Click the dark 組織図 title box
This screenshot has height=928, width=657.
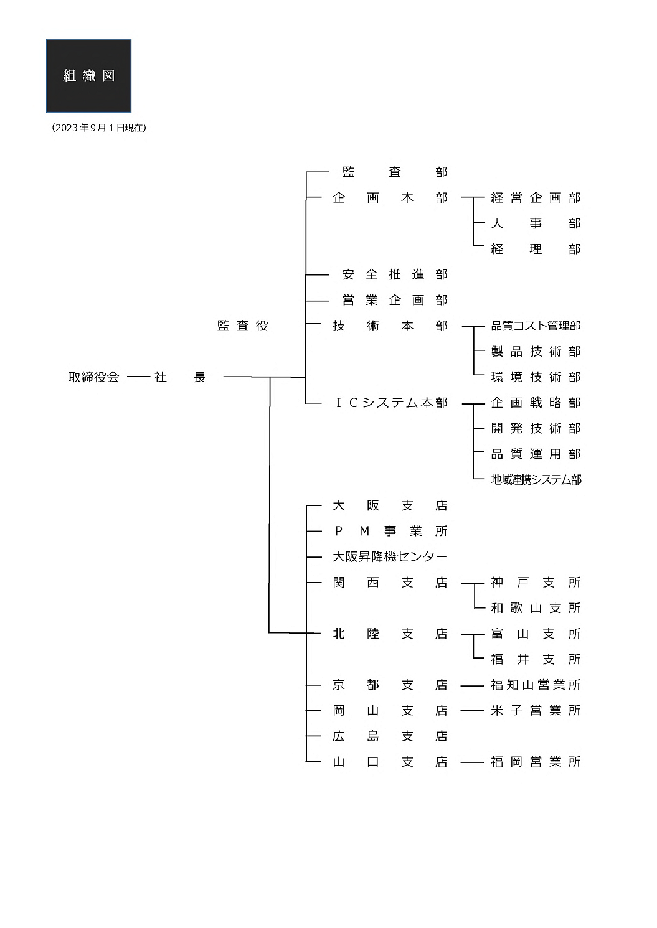click(88, 76)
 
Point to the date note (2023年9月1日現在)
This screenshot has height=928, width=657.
click(99, 128)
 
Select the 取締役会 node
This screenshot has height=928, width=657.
click(93, 377)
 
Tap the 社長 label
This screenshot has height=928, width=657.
click(180, 377)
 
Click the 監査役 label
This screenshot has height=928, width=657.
click(243, 326)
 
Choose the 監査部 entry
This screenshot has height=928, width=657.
click(395, 172)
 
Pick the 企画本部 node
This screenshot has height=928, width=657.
click(390, 198)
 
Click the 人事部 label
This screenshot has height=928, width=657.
click(536, 223)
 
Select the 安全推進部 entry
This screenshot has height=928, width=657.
click(395, 274)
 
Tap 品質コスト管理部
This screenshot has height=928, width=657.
click(536, 326)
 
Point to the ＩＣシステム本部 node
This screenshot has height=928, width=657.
click(390, 403)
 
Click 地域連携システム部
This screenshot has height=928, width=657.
click(536, 479)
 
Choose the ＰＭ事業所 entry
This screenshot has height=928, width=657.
click(390, 531)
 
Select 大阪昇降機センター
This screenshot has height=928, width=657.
click(390, 556)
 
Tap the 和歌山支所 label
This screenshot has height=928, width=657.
click(536, 607)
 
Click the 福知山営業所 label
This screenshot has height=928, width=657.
click(536, 685)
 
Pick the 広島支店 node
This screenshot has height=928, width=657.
click(390, 736)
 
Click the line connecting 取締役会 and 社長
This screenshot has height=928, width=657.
click(138, 377)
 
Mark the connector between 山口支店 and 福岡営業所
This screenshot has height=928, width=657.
click(472, 762)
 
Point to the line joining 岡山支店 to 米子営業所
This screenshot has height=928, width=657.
click(472, 711)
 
